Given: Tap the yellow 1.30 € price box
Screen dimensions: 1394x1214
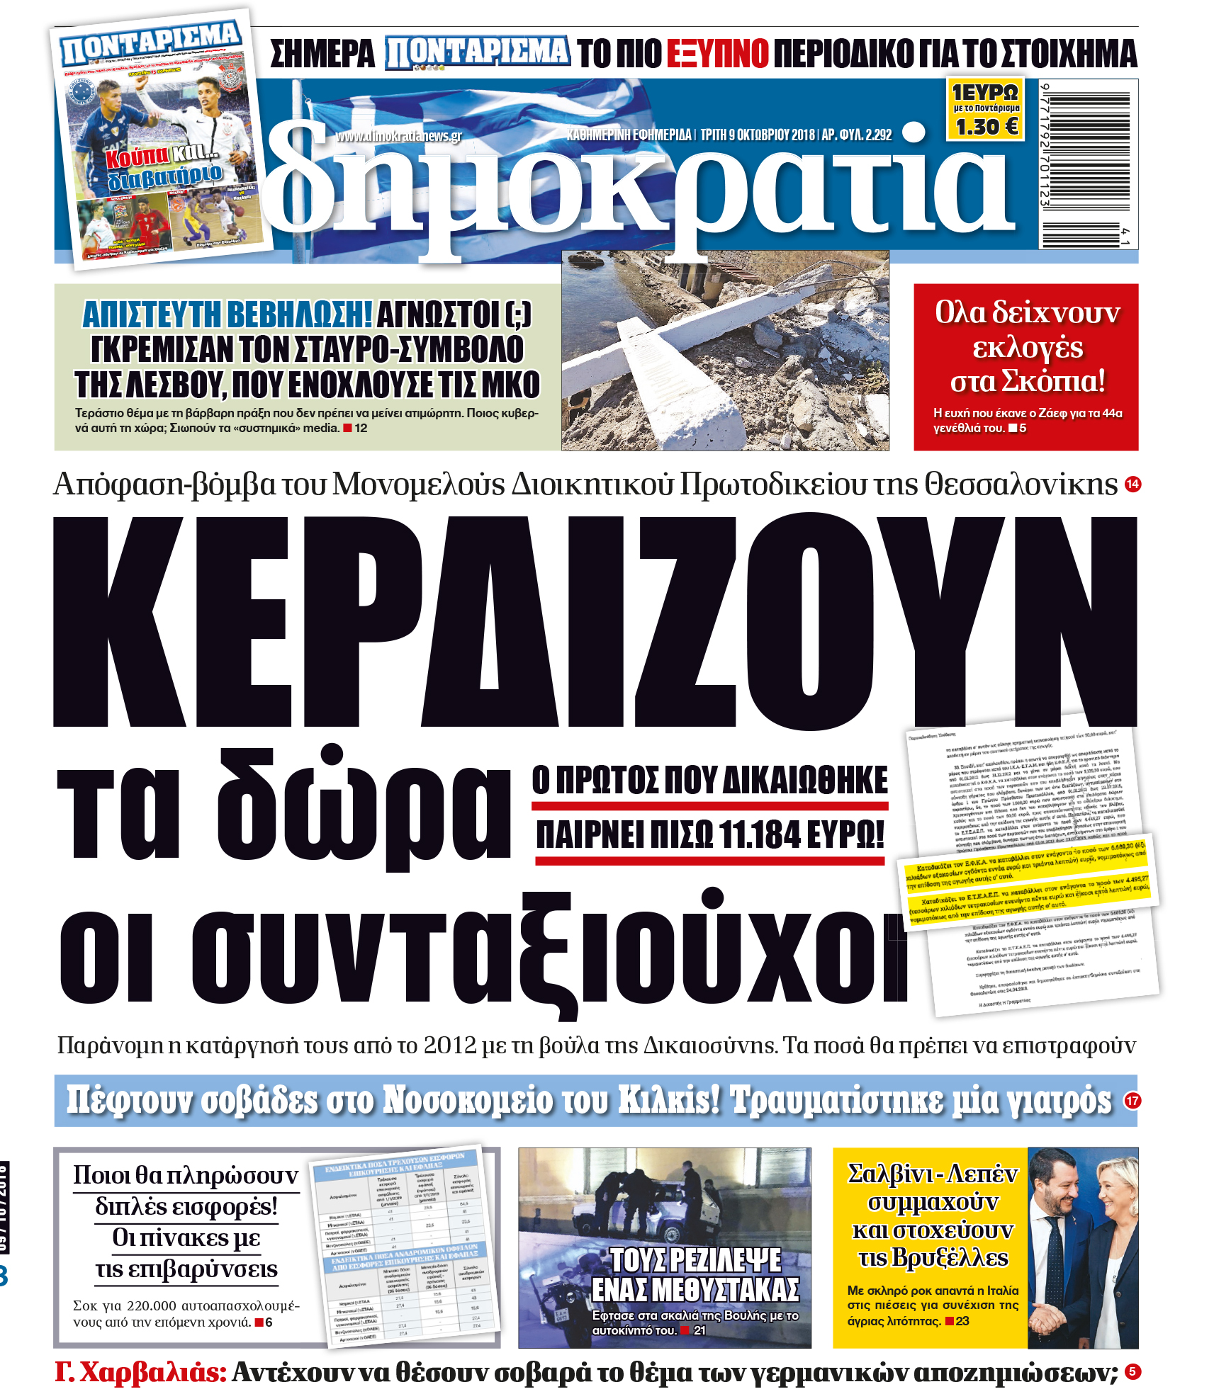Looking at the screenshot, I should tap(986, 110).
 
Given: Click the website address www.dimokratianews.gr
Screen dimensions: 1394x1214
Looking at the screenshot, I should tap(398, 136).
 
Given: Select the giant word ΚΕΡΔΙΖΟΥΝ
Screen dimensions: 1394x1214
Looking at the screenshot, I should tap(595, 621).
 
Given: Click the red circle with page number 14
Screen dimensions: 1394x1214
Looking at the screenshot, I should tap(1132, 484).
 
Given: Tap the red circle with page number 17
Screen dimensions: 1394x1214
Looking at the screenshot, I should tap(1132, 1100).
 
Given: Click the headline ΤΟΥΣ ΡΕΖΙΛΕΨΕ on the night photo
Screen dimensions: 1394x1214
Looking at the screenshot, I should tap(695, 1261).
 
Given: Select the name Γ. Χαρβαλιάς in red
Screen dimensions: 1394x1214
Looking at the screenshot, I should tap(140, 1372).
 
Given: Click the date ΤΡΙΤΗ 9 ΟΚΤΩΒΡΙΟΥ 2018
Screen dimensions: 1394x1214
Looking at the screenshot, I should tap(757, 135).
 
